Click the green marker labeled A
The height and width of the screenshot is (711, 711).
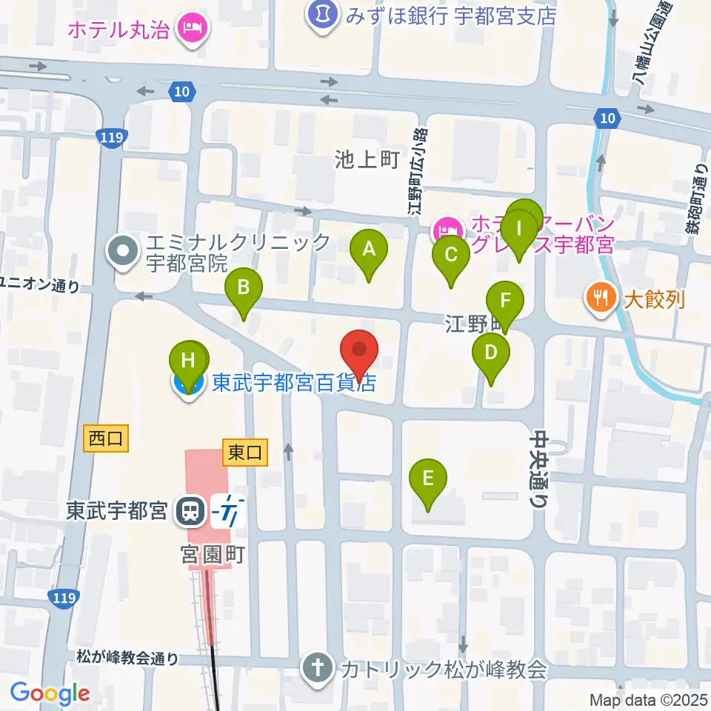click(x=369, y=250)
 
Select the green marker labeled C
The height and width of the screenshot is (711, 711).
click(x=450, y=256)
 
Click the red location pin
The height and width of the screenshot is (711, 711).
click(x=359, y=350)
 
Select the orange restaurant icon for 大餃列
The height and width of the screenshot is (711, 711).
click(x=598, y=298)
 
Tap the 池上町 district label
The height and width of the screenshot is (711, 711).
click(x=367, y=158)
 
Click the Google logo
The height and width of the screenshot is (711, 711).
click(x=50, y=694)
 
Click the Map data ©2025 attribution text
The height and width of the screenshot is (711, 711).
click(x=649, y=700)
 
